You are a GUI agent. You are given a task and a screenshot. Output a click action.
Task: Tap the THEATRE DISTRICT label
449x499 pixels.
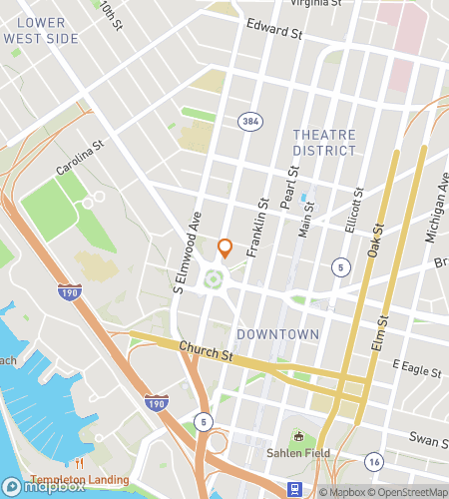pos(324,142)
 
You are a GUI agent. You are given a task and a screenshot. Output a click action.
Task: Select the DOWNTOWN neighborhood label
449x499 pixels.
pos(278,333)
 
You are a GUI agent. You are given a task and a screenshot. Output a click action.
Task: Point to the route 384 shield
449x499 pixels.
pos(249,121)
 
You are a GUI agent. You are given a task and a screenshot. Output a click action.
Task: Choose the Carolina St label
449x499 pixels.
pos(81,157)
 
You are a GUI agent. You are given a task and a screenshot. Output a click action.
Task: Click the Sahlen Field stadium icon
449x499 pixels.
pos(298,436)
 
